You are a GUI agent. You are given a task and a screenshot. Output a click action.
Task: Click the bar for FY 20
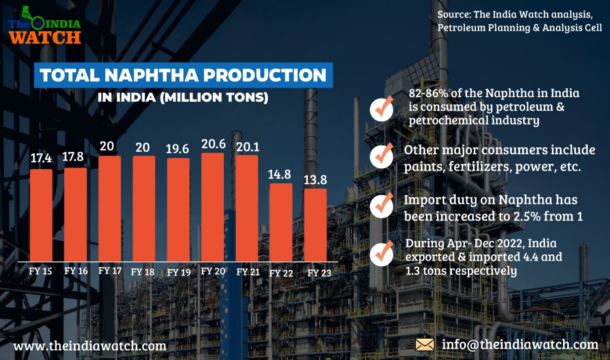click(x=212, y=207)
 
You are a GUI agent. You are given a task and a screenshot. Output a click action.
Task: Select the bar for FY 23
click(x=315, y=225)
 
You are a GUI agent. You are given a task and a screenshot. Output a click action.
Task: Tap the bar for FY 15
click(x=41, y=215)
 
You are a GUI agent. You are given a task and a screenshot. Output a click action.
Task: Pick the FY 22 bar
click(x=281, y=222)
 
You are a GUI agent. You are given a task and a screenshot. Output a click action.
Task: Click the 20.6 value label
click(x=213, y=144)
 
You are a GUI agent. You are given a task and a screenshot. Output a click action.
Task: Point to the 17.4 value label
click(x=41, y=158)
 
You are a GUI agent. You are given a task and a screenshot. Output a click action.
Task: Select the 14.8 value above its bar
click(x=279, y=175)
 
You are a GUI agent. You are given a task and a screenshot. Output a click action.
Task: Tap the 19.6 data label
click(x=177, y=149)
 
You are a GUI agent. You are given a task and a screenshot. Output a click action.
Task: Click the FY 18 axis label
click(x=142, y=272)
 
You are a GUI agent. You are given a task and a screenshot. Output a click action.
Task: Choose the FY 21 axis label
click(x=248, y=272)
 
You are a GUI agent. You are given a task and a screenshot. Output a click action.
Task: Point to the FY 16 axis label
click(x=76, y=271)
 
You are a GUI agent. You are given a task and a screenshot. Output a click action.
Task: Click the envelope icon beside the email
click(x=425, y=345)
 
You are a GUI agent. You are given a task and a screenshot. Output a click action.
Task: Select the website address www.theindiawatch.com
click(x=90, y=346)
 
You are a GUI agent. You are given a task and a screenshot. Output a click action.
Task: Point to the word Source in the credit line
click(x=454, y=14)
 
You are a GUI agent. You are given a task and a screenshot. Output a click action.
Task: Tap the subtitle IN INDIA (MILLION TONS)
click(x=183, y=98)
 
